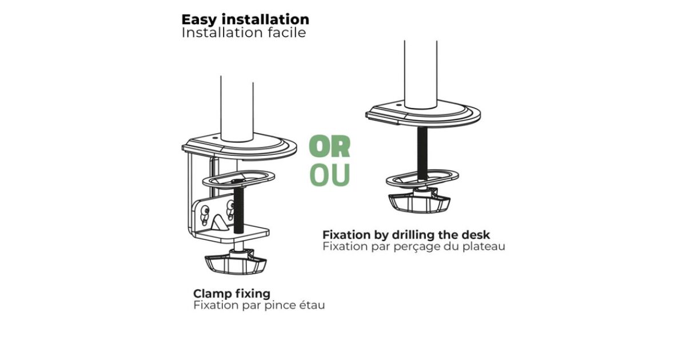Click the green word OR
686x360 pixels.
[x=329, y=146]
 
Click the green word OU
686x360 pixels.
[x=329, y=175]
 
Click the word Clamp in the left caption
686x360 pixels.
[x=212, y=294]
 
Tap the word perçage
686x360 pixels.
[x=415, y=247]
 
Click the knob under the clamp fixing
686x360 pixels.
[x=235, y=262]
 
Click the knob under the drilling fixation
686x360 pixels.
[x=419, y=202]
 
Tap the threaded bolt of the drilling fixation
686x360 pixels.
[x=422, y=153]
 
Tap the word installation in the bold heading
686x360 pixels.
[x=265, y=19]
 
